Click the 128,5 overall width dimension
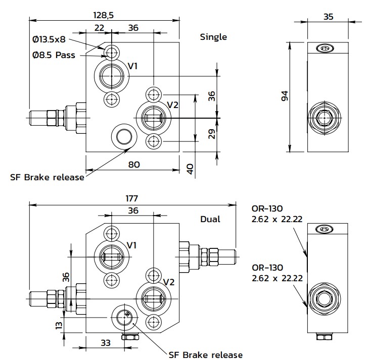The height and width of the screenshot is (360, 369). (x=104, y=15)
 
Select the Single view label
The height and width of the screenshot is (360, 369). (x=213, y=37)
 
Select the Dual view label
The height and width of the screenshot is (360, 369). (x=210, y=220)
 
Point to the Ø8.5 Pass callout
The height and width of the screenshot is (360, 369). (x=54, y=55)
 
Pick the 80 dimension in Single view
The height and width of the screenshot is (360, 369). (x=133, y=164)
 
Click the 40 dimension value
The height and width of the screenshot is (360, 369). (x=190, y=169)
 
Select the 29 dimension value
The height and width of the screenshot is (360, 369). (x=212, y=134)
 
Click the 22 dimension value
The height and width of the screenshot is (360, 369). (x=99, y=28)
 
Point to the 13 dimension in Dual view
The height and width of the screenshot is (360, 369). (x=59, y=325)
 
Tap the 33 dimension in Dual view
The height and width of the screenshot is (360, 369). (x=105, y=343)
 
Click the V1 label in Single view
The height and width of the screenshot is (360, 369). (x=133, y=66)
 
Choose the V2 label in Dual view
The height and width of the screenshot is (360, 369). (x=169, y=282)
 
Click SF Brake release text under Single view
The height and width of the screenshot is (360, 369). (x=47, y=177)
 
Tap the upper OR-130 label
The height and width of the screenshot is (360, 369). (x=267, y=209)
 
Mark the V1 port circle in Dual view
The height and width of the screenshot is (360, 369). (x=111, y=256)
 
